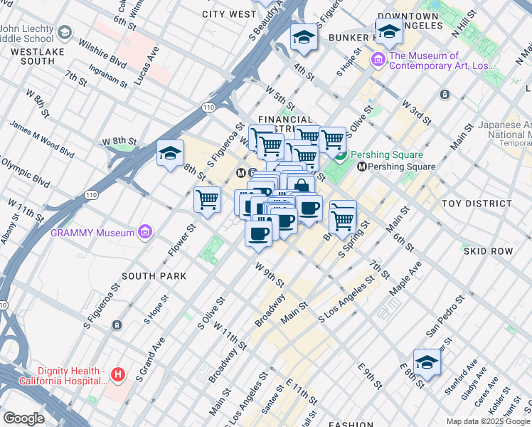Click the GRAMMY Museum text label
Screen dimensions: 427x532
tap(92, 233)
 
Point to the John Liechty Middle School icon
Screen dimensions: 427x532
tap(65, 33)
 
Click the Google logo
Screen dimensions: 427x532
tap(23, 419)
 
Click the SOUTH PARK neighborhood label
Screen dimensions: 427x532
tap(154, 276)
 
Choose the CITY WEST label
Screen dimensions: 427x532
tap(229, 14)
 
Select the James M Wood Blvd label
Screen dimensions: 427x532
tap(41, 138)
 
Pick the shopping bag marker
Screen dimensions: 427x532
tap(302, 186)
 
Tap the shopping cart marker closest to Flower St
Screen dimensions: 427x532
tap(207, 199)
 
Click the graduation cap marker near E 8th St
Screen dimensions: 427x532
tap(427, 362)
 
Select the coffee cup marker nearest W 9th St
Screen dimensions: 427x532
tap(259, 232)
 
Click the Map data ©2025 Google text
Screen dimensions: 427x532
tap(488, 421)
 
